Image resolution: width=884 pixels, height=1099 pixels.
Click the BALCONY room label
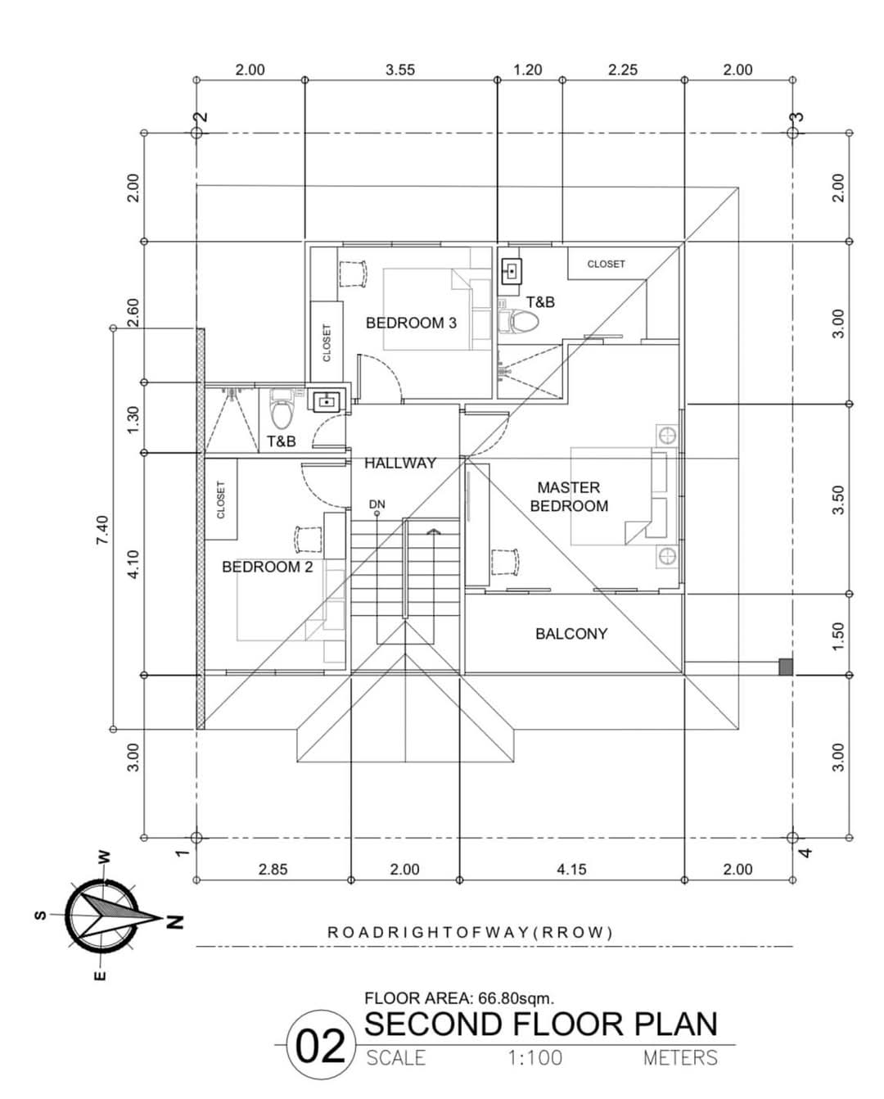tap(571, 634)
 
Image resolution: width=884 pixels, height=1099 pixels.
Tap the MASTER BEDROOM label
tap(569, 497)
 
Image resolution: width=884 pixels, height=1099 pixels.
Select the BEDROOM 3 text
tap(411, 323)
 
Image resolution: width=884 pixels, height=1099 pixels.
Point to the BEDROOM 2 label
tap(267, 567)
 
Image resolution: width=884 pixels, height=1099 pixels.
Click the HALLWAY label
tap(399, 464)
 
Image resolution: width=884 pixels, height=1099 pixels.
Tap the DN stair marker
tap(377, 504)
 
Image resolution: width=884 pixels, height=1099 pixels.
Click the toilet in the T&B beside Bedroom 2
tap(281, 412)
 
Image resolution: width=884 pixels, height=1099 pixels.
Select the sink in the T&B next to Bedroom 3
tap(512, 269)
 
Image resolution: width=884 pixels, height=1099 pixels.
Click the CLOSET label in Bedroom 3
tap(327, 342)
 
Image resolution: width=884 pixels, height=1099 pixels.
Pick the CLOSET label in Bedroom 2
tap(220, 499)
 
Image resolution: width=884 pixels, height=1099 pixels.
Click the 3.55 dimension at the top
tap(399, 70)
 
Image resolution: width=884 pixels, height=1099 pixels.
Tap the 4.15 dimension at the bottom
tap(571, 870)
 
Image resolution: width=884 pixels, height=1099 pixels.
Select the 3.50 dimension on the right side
tap(837, 500)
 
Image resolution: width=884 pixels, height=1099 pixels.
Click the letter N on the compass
tap(174, 921)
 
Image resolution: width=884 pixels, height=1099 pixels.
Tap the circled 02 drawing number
tap(321, 1048)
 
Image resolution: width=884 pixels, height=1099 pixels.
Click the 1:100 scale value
tap(534, 1058)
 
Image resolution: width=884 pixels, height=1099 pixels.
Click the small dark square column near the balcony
tap(785, 667)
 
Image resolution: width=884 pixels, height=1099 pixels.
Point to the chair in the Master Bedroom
tap(503, 563)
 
